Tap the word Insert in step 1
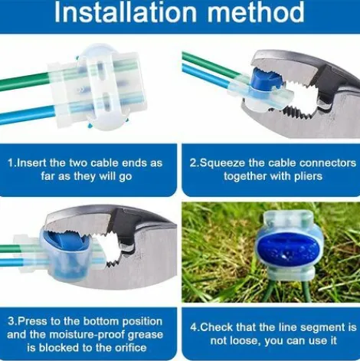click(x=32, y=162)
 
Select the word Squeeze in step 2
click(x=222, y=163)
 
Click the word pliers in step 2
click(x=308, y=176)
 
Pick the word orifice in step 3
click(x=129, y=347)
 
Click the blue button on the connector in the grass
click(x=287, y=251)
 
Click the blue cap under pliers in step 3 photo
click(x=67, y=243)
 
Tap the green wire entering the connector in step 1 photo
click(x=25, y=81)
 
